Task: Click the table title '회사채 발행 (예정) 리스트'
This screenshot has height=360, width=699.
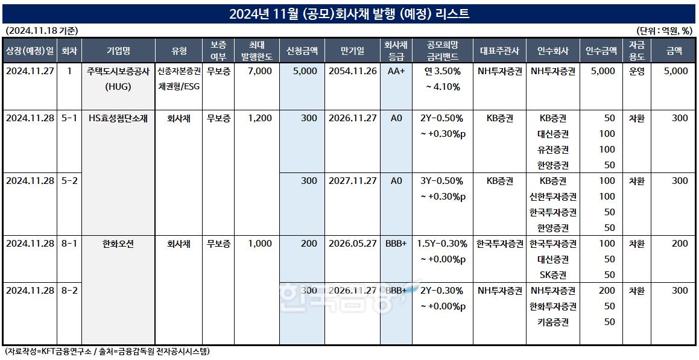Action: [349, 14]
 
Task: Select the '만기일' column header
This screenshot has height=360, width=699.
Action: [352, 51]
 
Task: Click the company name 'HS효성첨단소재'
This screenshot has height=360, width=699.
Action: [117, 119]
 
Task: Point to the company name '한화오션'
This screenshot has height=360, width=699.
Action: [117, 244]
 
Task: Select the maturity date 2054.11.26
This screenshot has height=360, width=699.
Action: [352, 71]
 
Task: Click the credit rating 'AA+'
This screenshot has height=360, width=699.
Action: [396, 71]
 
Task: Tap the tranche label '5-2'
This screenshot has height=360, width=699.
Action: [69, 182]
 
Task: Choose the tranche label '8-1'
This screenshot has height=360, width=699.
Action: [69, 244]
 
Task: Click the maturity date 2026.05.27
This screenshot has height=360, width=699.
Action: [352, 244]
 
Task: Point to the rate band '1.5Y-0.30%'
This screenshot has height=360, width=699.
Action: [443, 244]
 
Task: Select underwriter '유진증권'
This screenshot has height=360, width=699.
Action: [552, 150]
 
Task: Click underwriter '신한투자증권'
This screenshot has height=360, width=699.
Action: [552, 197]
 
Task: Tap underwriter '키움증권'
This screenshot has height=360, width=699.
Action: [552, 322]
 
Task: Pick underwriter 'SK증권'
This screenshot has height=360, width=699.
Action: [552, 275]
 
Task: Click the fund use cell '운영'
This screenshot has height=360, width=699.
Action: [636, 71]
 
